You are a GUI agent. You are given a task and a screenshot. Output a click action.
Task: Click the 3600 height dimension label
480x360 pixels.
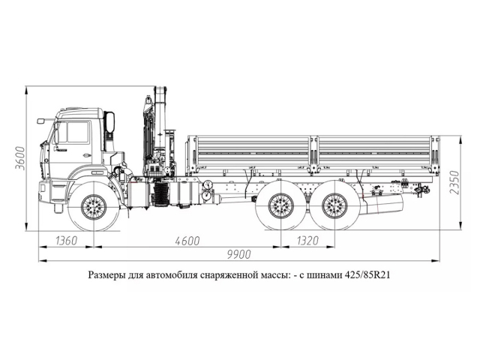[22, 158]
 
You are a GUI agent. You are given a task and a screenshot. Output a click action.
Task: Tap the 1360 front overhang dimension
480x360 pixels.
[67, 241]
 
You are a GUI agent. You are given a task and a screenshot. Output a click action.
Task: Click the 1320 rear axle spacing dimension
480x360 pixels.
[305, 241]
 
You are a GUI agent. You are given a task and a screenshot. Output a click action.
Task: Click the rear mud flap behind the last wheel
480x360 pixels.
[384, 202]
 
